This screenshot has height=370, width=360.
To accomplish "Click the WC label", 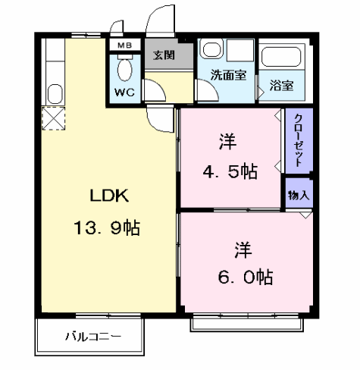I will click(125, 92).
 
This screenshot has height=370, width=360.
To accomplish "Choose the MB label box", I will click(125, 45).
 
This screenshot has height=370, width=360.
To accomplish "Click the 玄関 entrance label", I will click(163, 55).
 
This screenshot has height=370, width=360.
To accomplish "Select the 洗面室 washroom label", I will click(228, 75).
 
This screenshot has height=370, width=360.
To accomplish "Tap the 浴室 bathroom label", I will click(281, 85).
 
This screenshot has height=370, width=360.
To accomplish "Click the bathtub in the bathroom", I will click(281, 58).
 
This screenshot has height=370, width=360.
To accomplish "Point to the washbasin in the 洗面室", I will click(212, 51).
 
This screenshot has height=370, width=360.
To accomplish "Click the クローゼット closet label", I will click(299, 140).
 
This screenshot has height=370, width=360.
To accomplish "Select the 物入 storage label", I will click(299, 194).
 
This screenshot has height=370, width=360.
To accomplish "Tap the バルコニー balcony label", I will click(92, 335).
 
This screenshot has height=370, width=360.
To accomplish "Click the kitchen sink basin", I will click(55, 95).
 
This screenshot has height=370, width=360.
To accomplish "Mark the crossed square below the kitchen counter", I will click(53, 119).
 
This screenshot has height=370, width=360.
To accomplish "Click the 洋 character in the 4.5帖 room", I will click(227, 142).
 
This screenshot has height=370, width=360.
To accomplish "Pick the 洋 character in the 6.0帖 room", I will click(243, 249).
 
